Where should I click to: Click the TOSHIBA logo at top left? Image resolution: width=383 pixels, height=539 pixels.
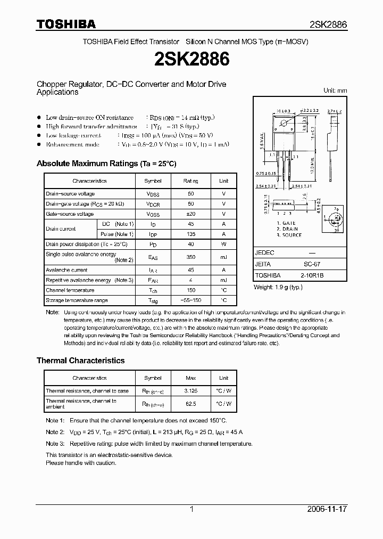(66, 24)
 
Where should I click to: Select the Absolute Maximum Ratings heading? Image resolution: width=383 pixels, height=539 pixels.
(106, 164)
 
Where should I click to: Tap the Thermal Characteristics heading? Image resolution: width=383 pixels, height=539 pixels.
(80, 361)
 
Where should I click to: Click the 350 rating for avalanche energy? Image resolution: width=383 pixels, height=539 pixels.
(190, 257)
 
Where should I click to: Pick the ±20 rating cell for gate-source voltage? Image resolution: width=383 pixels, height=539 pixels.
(190, 214)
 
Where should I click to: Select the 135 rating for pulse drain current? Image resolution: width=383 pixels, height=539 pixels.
(190, 234)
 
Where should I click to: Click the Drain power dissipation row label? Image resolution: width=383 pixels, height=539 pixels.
(87, 244)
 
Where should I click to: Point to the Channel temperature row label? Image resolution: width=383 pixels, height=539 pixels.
(70, 290)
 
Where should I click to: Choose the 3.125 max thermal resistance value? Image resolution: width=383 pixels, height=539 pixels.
(190, 391)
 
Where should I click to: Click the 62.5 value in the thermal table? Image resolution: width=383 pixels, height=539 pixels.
(190, 404)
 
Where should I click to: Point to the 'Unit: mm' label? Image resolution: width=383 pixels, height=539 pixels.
(335, 91)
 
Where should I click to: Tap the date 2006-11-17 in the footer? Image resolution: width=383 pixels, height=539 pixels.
(327, 509)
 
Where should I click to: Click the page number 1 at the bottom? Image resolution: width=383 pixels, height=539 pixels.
(191, 509)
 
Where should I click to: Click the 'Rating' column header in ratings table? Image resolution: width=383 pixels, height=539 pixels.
(190, 181)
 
